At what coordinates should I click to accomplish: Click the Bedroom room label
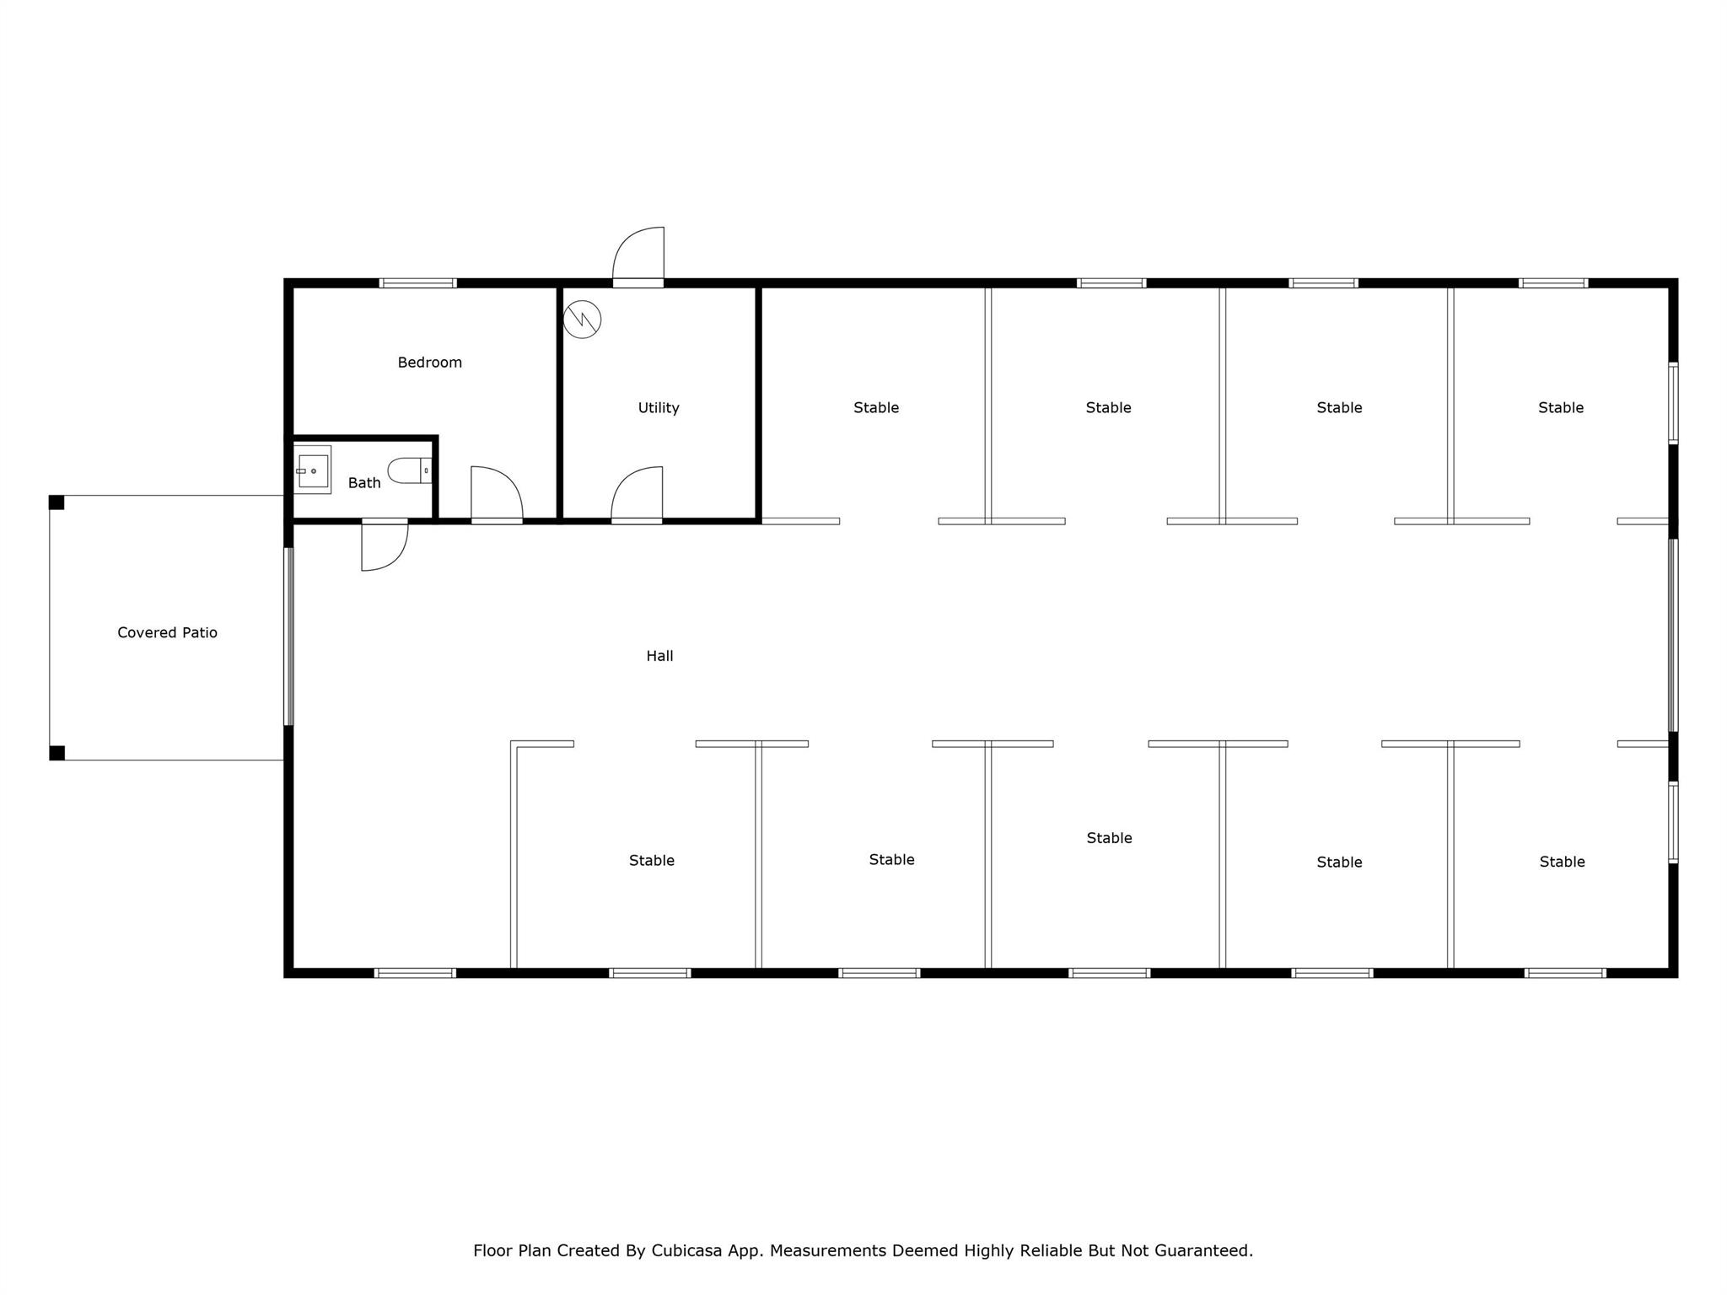point(430,363)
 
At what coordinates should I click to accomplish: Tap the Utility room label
point(659,408)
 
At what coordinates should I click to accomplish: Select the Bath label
point(364,483)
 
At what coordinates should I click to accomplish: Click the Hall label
point(659,656)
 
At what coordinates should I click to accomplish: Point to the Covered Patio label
point(167,632)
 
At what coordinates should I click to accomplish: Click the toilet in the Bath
point(410,470)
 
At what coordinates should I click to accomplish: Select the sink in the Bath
point(312,470)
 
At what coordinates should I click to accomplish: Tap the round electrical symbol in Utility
point(582,320)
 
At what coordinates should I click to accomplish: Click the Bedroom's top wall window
point(417,283)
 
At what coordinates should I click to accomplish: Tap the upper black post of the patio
point(56,502)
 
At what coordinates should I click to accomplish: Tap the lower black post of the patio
point(56,753)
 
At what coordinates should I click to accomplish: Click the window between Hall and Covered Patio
point(288,637)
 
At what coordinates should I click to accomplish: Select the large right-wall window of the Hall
point(1673,635)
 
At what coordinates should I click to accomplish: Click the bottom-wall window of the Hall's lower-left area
point(416,973)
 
